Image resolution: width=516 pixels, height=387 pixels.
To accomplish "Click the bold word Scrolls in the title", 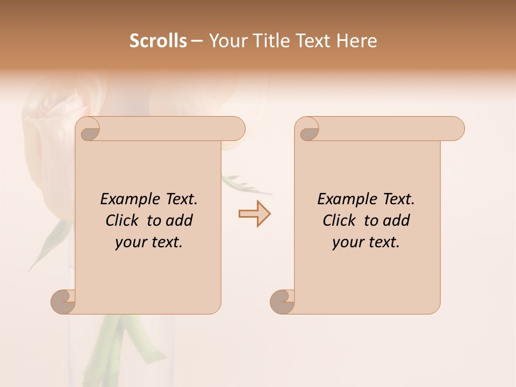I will [x=158, y=41].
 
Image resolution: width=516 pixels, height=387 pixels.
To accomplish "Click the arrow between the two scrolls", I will [x=254, y=214].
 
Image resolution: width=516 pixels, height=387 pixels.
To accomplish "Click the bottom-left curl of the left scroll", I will [x=63, y=302].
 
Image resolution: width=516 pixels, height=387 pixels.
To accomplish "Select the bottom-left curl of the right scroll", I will [x=283, y=302].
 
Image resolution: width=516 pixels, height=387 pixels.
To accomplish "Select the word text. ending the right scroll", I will [x=382, y=242].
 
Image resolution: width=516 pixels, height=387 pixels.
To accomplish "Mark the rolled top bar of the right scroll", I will [x=387, y=128].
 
